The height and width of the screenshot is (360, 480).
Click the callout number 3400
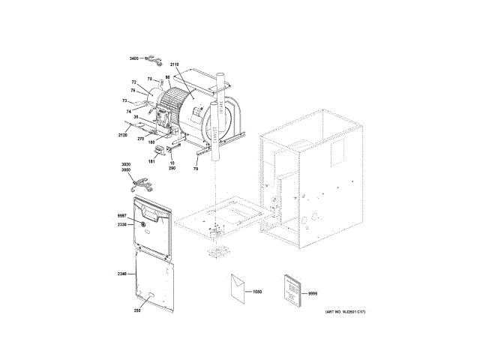(134, 58)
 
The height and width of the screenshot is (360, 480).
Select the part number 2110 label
(174, 66)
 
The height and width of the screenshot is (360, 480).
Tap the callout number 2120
(123, 135)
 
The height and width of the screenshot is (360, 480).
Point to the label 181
(151, 161)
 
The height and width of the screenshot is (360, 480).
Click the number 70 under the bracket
(196, 170)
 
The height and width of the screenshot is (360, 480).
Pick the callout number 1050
(259, 290)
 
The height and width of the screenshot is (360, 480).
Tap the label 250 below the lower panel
(137, 310)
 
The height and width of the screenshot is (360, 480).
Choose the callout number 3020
(126, 164)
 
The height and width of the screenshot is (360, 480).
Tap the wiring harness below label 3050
(142, 181)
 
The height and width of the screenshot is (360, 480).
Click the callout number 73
(125, 100)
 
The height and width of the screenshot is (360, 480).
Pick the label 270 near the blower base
(140, 138)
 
